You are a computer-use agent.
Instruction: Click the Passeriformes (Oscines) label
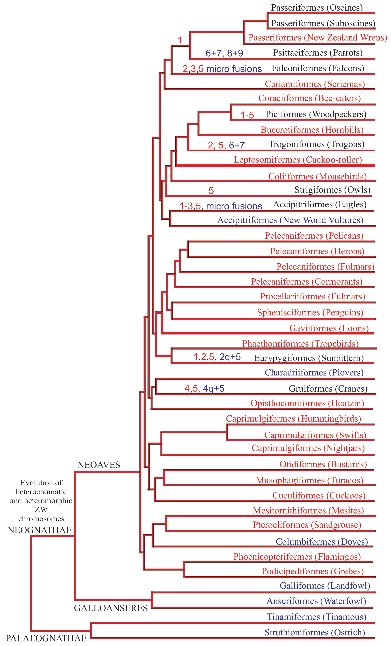317,8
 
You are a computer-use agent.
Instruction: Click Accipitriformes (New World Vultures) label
290,220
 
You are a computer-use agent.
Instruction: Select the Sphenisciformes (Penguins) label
310,313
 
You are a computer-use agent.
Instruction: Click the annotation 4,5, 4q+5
204,388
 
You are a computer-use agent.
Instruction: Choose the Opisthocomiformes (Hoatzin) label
307,403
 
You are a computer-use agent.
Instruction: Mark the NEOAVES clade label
99,465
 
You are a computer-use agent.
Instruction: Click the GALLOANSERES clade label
111,608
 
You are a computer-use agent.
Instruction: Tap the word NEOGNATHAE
40,530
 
